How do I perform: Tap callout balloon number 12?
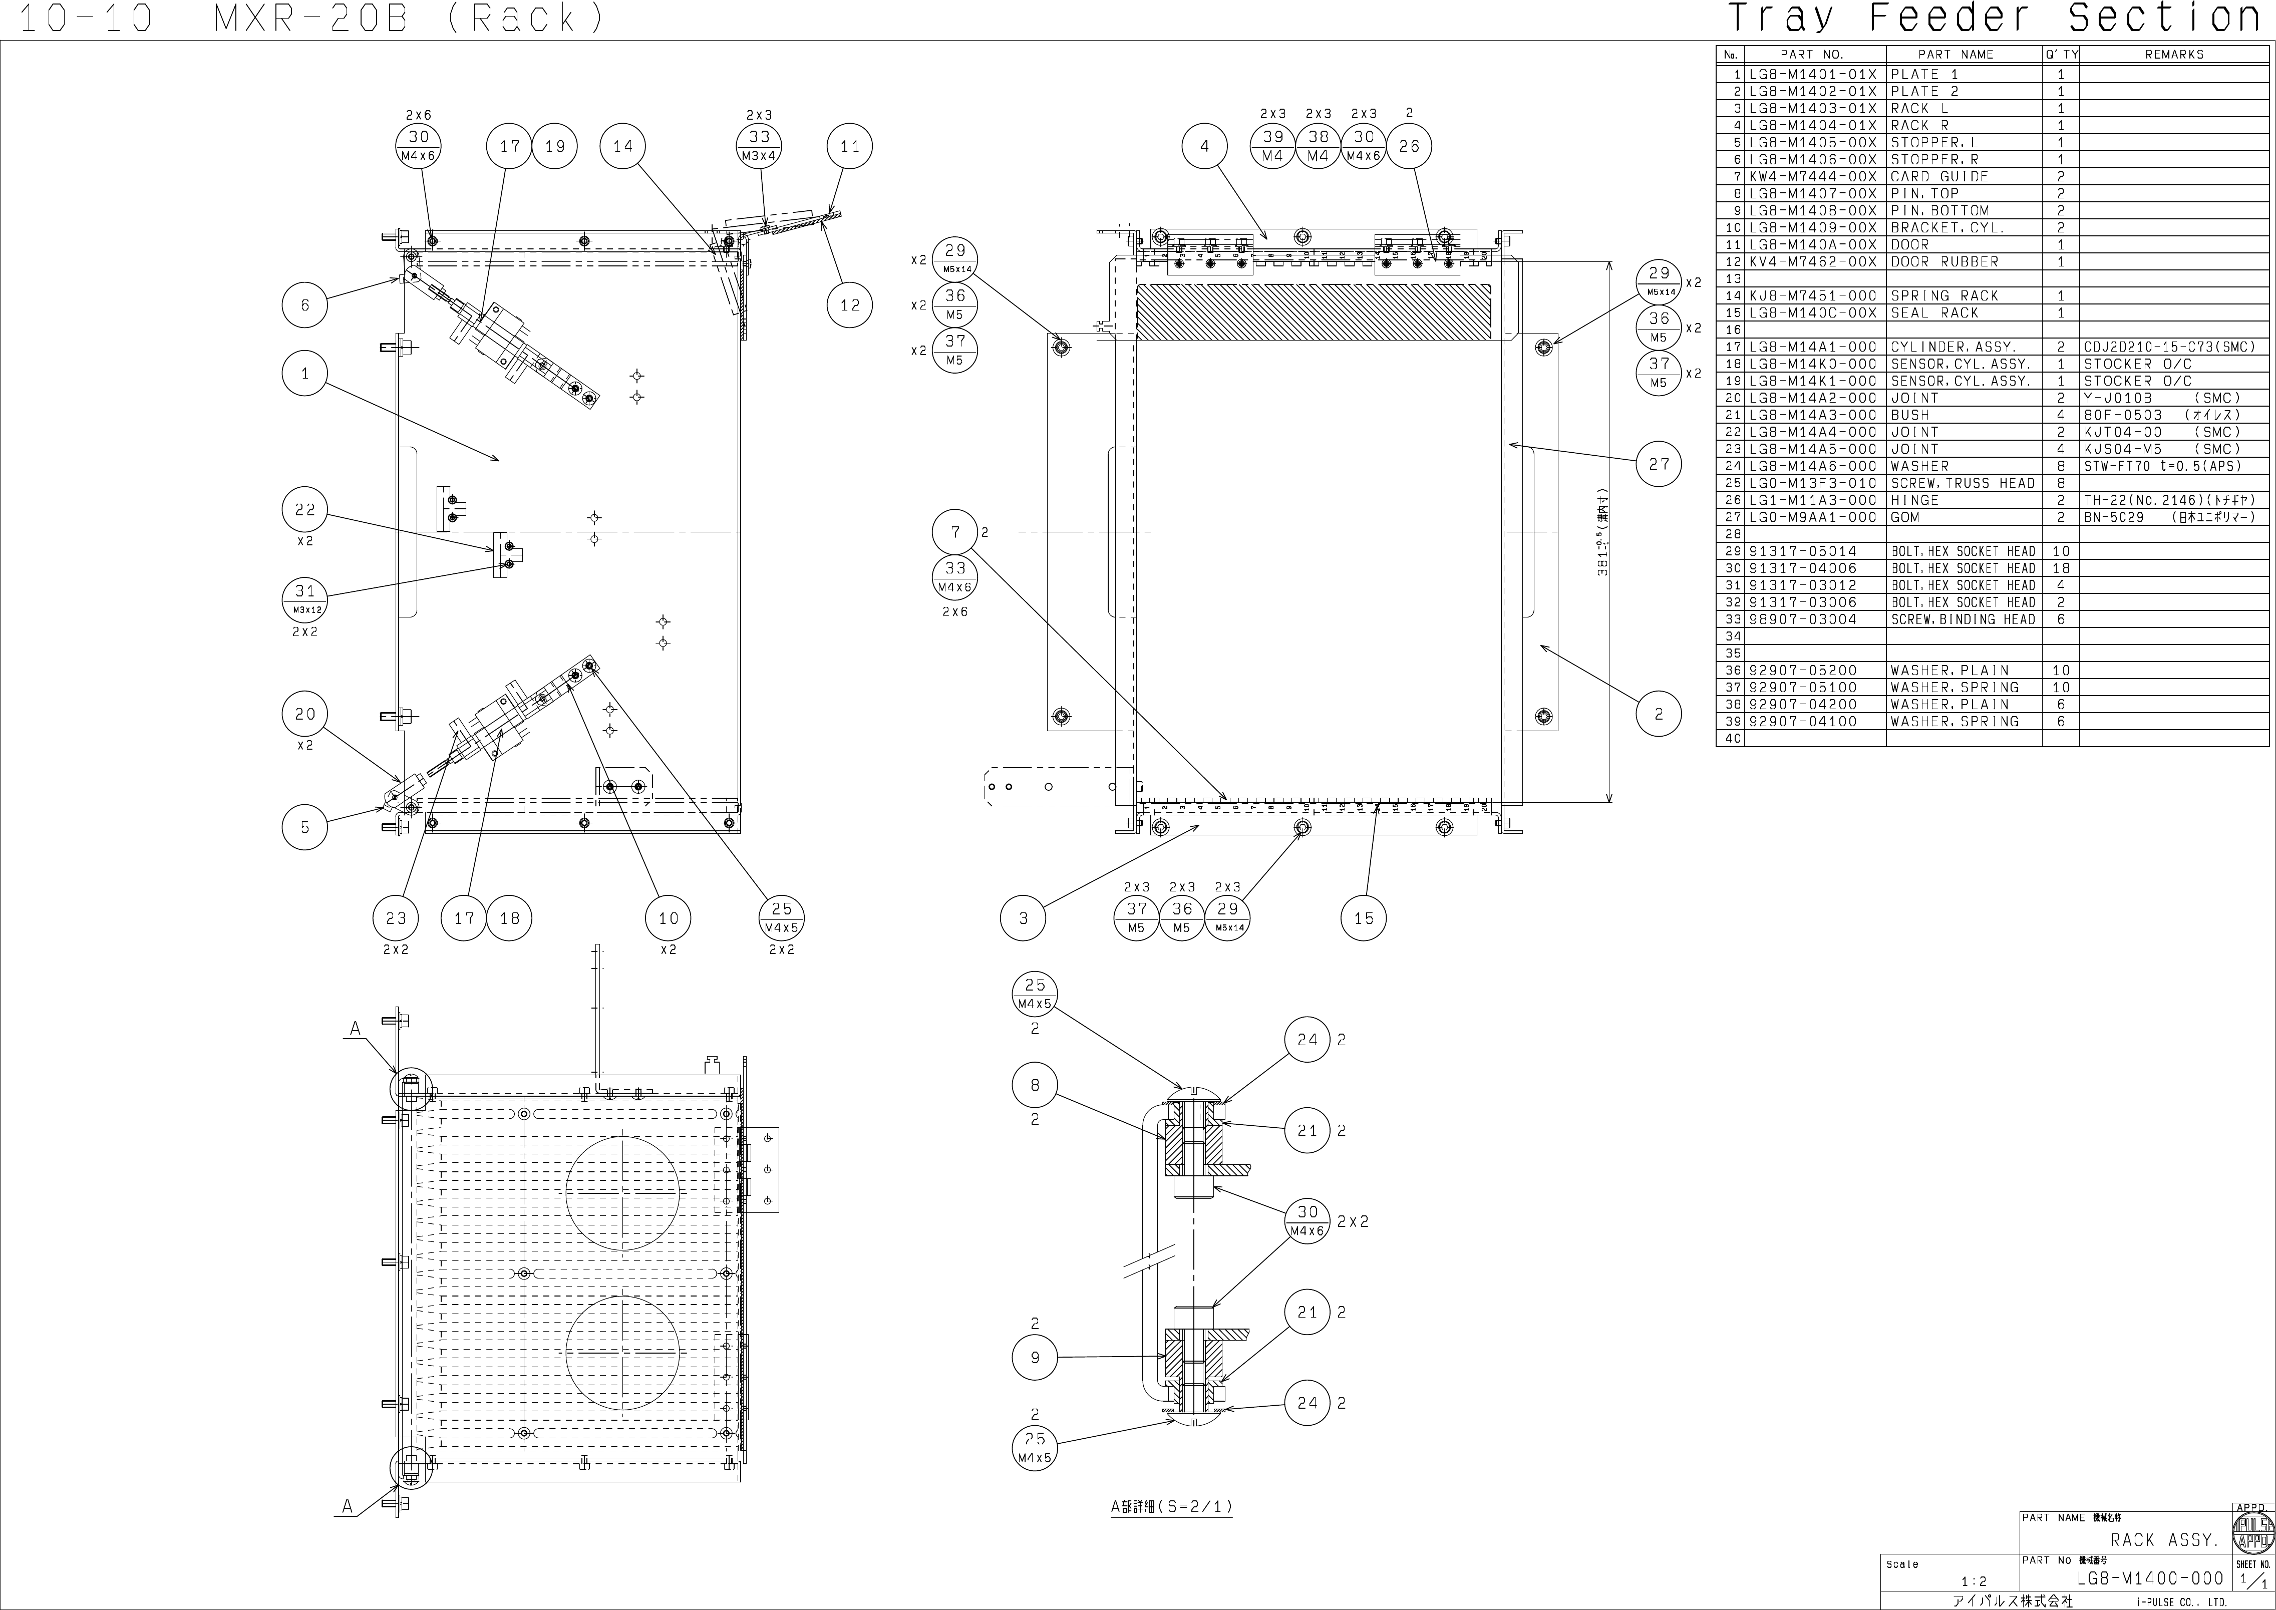849,305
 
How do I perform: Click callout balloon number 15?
1364,918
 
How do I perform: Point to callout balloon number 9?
1035,1357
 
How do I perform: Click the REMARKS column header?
2174,55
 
